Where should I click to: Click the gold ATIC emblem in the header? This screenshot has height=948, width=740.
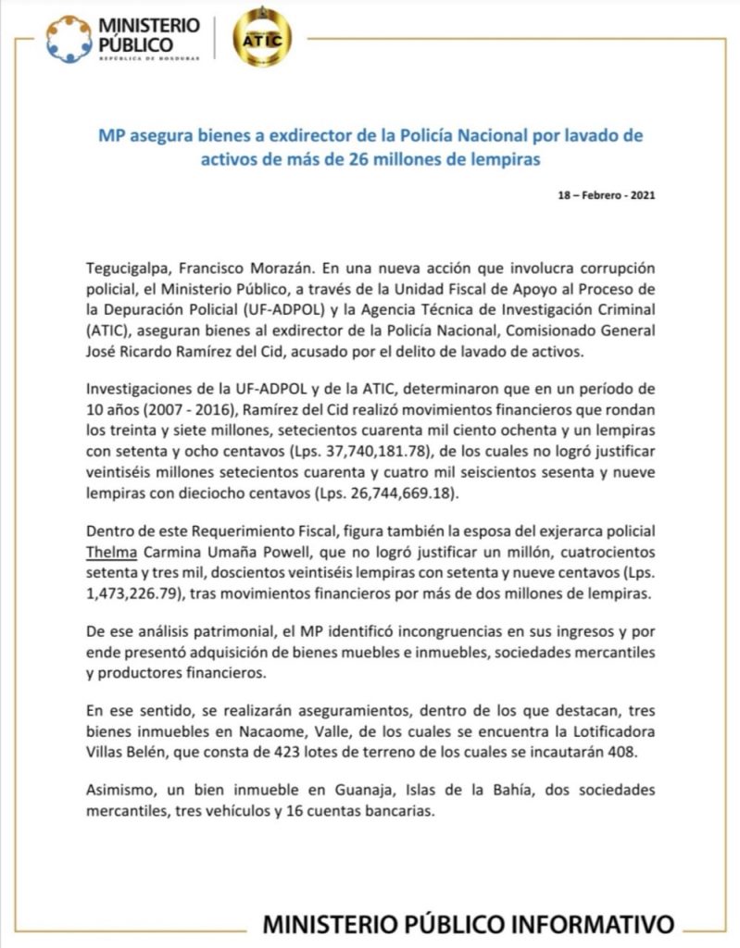pos(262,37)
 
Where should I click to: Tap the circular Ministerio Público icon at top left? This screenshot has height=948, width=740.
pos(69,39)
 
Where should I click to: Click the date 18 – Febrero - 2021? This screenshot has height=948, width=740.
pos(608,196)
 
